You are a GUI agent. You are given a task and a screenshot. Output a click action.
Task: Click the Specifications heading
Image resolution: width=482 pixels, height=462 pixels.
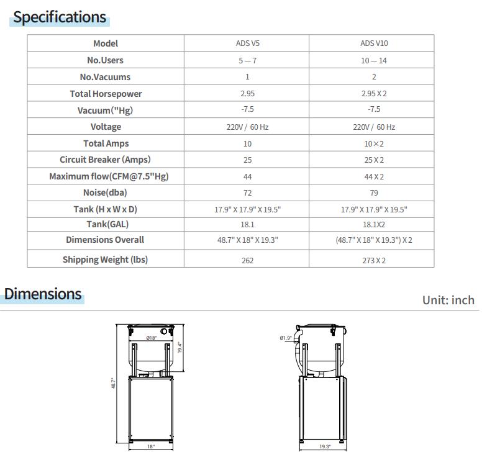pos(60,17)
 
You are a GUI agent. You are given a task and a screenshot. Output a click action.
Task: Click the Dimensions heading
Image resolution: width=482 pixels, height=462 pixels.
pos(43,294)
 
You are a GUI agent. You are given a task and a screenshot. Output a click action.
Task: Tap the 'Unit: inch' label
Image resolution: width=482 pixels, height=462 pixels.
pos(448,300)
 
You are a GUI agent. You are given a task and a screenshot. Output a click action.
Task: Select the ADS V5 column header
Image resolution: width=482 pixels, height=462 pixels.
pos(247,43)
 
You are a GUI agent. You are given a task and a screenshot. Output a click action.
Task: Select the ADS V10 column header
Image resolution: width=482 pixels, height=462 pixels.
pos(374,43)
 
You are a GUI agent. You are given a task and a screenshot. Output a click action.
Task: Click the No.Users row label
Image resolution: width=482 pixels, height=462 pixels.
pos(106,60)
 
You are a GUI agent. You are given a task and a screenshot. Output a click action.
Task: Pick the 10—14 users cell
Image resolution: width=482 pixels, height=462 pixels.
pos(374,60)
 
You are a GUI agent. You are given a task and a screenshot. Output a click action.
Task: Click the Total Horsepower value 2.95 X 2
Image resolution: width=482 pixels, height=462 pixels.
pos(374,94)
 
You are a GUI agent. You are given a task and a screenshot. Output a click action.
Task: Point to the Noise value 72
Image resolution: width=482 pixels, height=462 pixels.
pos(247,192)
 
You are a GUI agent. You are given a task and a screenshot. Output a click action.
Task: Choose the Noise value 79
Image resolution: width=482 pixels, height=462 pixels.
pos(374,192)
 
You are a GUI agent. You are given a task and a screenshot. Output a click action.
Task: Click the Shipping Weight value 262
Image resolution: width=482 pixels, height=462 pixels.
pos(247,260)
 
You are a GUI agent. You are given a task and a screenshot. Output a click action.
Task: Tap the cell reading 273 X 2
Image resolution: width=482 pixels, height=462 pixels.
pos(374,260)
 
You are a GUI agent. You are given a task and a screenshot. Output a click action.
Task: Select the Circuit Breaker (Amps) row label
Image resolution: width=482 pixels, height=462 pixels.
pos(106,160)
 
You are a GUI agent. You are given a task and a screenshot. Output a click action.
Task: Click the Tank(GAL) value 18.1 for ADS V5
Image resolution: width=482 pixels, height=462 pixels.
pos(247,225)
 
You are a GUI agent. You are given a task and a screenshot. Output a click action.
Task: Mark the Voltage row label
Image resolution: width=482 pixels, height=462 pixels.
pos(106,127)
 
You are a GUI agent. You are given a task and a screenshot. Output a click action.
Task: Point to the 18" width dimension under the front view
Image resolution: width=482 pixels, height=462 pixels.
pos(150,446)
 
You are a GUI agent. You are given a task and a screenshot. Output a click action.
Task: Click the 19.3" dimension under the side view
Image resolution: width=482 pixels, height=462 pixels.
pos(325,446)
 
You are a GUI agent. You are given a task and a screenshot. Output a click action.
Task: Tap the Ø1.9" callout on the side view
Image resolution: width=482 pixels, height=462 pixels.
pos(286,338)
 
